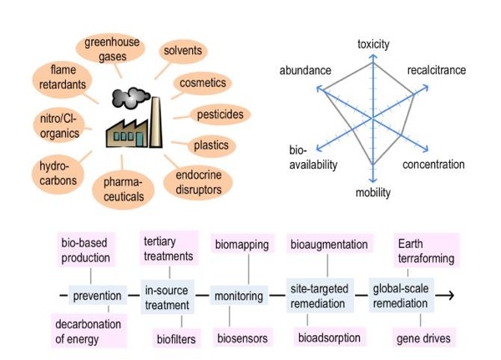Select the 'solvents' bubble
click(x=182, y=51)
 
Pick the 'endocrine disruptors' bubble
click(x=199, y=182)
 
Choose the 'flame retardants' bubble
click(x=63, y=78)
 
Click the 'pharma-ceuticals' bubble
click(x=124, y=190)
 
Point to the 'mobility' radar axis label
click(x=373, y=193)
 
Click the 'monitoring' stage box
click(x=239, y=296)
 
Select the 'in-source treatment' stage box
click(x=167, y=296)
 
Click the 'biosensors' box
click(x=242, y=338)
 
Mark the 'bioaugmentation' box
click(x=329, y=245)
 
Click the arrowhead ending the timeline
click(x=448, y=295)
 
